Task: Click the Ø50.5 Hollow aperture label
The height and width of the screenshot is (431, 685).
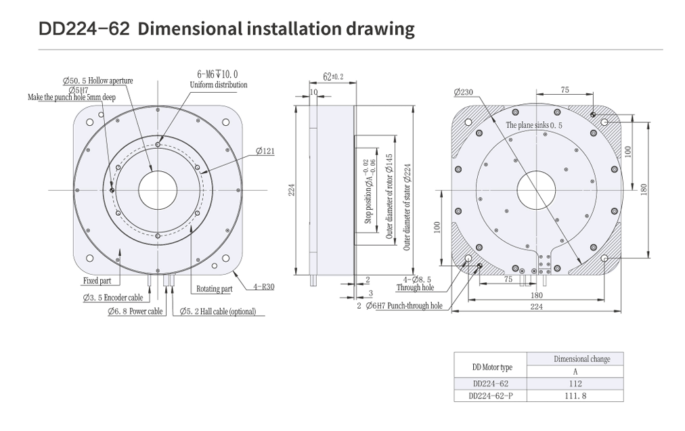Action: click(97, 81)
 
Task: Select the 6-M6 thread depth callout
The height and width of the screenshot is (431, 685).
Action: click(217, 74)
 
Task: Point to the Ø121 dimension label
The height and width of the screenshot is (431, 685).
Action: click(265, 151)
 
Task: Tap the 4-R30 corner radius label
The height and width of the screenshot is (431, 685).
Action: click(264, 287)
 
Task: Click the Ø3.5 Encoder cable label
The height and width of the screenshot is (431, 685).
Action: click(113, 298)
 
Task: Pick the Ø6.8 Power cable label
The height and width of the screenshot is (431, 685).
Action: click(135, 311)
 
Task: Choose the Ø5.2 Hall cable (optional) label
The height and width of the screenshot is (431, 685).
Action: click(217, 311)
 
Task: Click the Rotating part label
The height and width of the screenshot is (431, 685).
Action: click(215, 289)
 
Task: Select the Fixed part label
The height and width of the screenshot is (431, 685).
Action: click(97, 281)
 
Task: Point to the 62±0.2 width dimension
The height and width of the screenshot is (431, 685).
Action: click(333, 77)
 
